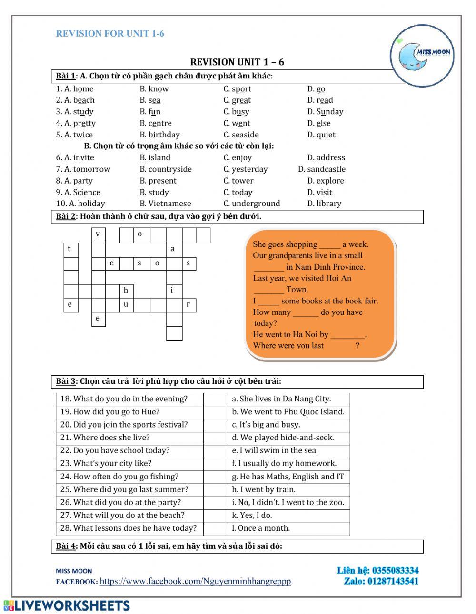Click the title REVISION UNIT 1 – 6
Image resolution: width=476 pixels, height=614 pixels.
point(237,62)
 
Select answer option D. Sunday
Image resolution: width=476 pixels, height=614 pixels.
point(325,112)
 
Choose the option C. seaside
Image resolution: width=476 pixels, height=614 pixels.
point(241,135)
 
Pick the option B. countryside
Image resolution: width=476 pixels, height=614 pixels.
point(166,169)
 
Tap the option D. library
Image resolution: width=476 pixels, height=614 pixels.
point(324,204)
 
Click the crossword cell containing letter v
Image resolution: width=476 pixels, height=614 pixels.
point(98,234)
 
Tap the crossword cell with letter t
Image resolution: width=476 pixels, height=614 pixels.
point(70,249)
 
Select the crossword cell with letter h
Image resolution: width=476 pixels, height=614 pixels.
point(126,290)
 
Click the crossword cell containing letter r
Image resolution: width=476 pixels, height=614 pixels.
point(188,305)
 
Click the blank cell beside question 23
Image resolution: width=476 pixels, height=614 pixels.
point(215,463)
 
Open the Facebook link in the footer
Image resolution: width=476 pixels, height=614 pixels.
point(195,581)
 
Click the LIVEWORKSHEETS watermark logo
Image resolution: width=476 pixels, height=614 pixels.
point(67,605)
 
